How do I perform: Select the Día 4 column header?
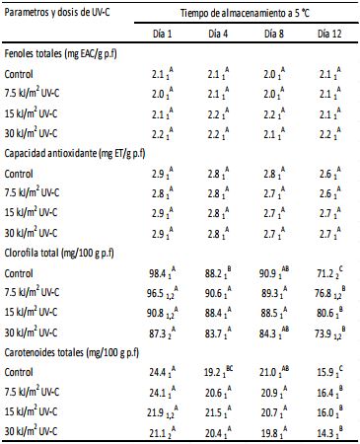[222, 34]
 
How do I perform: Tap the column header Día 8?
[277, 34]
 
